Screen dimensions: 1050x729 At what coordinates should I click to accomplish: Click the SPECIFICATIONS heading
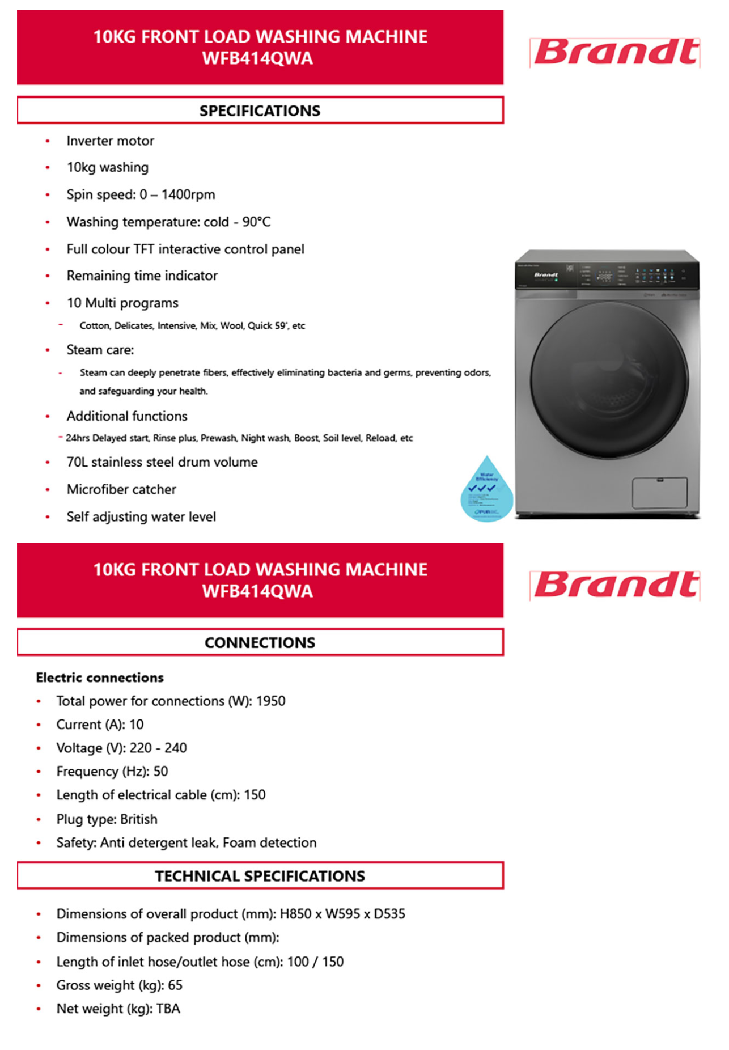pyautogui.click(x=260, y=111)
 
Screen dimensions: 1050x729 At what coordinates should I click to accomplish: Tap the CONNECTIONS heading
pyautogui.click(x=260, y=642)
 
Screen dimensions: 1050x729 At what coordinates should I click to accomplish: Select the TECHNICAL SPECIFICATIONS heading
pyautogui.click(x=260, y=876)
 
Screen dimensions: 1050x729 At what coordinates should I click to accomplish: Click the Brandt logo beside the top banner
pyautogui.click(x=615, y=53)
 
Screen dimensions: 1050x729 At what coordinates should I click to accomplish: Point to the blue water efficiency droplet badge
pyautogui.click(x=486, y=490)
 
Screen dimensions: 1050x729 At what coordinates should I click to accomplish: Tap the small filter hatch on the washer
pyautogui.click(x=659, y=492)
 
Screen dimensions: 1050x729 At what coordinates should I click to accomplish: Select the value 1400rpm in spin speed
pyautogui.click(x=188, y=194)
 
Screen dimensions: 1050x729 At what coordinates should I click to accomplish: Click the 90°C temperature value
pyautogui.click(x=256, y=222)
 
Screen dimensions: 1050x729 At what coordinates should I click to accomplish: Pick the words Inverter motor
pyautogui.click(x=110, y=141)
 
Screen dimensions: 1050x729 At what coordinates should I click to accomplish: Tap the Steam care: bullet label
pyautogui.click(x=100, y=350)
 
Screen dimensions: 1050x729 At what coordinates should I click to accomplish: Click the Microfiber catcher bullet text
pyautogui.click(x=121, y=489)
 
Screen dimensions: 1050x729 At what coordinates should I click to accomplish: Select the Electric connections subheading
pyautogui.click(x=100, y=678)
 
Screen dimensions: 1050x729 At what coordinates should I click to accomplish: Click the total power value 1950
pyautogui.click(x=270, y=701)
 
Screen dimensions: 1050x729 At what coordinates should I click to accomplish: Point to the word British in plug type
pyautogui.click(x=139, y=819)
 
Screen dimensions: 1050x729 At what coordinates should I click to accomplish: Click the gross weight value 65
pyautogui.click(x=175, y=985)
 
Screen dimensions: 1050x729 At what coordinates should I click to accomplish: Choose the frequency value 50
pyautogui.click(x=160, y=772)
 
